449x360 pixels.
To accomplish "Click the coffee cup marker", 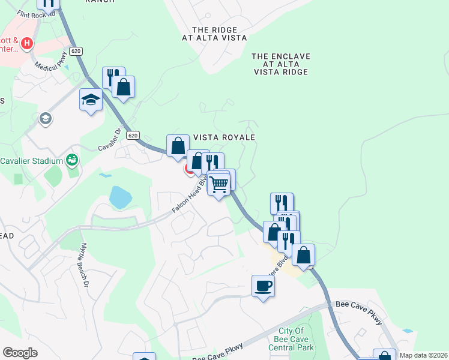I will pos(262,286).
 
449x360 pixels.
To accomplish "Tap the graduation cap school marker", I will pos(91,99).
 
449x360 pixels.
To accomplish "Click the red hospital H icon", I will pos(26,43).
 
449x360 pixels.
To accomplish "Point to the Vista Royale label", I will pos(224,137).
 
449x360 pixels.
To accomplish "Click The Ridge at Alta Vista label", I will pos(214,34).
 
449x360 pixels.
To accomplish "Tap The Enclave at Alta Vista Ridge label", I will pos(280,64).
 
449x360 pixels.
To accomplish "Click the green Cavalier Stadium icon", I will pos(72,160).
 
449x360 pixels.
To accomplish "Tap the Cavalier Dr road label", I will pos(110,139).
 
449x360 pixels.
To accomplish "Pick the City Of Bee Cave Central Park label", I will pos(297,339).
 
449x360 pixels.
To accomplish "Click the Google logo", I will pos(20,353).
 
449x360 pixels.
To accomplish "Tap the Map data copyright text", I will pos(423,355).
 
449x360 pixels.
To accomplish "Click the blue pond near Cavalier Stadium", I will pos(120,197).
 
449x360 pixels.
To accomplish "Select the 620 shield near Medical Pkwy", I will pos(75,52).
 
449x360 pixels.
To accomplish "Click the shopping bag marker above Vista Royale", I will pos(178,146).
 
